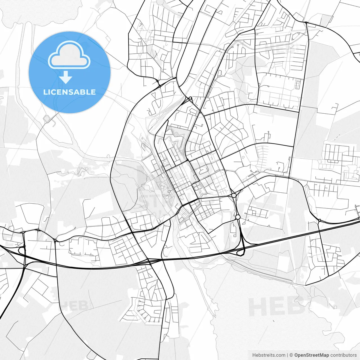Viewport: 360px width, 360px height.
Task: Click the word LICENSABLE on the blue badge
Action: [x=69, y=92]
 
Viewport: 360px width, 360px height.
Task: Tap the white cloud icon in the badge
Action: [x=69, y=55]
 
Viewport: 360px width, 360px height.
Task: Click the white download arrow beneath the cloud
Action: [x=66, y=78]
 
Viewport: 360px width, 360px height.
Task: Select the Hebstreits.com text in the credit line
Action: [x=269, y=355]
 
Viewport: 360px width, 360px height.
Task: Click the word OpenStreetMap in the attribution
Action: [x=311, y=355]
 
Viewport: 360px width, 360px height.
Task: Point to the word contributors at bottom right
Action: [x=343, y=355]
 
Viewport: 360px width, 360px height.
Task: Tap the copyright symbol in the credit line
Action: [x=291, y=355]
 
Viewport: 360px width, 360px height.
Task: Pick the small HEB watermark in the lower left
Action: [x=75, y=306]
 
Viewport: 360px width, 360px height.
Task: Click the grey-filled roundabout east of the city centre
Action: [x=234, y=195]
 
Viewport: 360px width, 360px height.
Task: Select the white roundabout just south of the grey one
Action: [x=238, y=217]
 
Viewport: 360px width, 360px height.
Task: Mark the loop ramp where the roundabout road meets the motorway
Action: [x=240, y=252]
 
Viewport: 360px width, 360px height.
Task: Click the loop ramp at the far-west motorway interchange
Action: [x=21, y=250]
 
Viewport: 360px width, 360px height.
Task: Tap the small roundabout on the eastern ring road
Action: [x=319, y=220]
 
